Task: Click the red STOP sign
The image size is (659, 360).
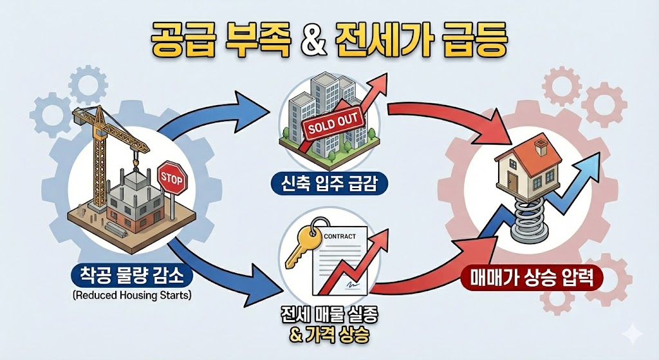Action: click(171, 176)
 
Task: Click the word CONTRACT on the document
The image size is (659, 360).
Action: click(339, 236)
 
